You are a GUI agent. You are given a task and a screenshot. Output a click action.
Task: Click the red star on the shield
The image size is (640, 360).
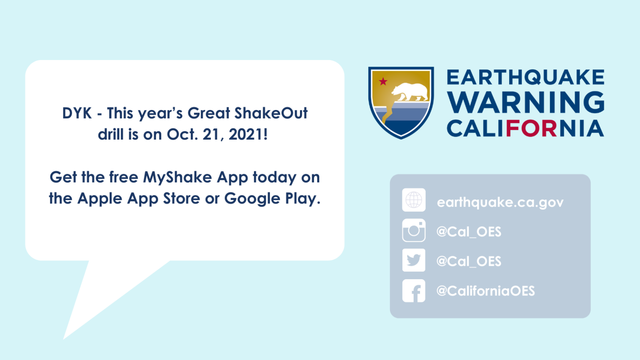pyautogui.click(x=383, y=81)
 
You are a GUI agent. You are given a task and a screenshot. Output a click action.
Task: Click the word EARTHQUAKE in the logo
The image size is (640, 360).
pyautogui.click(x=525, y=77)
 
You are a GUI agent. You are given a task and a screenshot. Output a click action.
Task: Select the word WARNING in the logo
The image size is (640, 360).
pyautogui.click(x=525, y=102)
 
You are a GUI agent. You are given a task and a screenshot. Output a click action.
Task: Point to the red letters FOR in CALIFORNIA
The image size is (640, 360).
pyautogui.click(x=531, y=128)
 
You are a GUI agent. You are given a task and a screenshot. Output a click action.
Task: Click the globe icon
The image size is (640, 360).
pyautogui.click(x=414, y=200)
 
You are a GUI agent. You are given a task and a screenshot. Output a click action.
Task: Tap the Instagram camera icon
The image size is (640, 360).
pyautogui.click(x=414, y=230)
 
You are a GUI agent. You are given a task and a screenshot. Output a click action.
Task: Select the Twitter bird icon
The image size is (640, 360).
pyautogui.click(x=414, y=260)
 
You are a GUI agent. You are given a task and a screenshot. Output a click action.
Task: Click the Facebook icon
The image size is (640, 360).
pyautogui.click(x=414, y=291)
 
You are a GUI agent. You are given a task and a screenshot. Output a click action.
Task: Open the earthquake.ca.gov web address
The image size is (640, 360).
pyautogui.click(x=500, y=202)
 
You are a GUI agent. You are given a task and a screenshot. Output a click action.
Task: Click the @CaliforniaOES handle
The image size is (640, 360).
pyautogui.click(x=485, y=291)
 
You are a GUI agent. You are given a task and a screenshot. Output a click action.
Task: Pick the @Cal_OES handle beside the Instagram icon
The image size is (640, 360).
pyautogui.click(x=469, y=232)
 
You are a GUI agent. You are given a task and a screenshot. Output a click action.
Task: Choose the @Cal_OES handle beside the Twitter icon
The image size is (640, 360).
pyautogui.click(x=469, y=261)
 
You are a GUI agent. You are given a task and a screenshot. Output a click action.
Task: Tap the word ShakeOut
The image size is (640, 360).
pyautogui.click(x=271, y=113)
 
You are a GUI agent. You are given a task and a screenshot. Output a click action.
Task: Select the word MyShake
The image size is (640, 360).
pyautogui.click(x=177, y=178)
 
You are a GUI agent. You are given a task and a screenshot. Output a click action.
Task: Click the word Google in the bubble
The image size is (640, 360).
pyautogui.click(x=252, y=199)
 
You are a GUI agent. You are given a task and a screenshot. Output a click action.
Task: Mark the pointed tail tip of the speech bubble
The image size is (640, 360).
pyautogui.click(x=63, y=339)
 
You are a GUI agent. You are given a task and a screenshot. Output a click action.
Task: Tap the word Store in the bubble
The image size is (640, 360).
pyautogui.click(x=181, y=198)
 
